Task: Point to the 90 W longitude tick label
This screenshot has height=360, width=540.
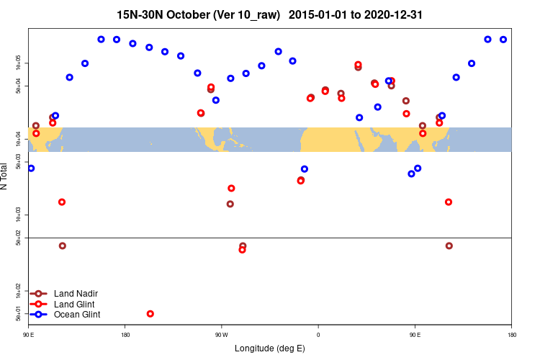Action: pyautogui.click(x=221, y=335)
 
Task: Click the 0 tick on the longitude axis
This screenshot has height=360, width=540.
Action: pyautogui.click(x=318, y=335)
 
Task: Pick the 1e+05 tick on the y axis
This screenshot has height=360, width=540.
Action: pyautogui.click(x=19, y=63)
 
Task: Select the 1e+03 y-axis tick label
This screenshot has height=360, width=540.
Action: pyautogui.click(x=19, y=215)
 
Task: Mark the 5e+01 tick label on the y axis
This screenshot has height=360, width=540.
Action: pyautogui.click(x=19, y=314)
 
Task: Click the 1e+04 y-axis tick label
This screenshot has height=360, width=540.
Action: pyautogui.click(x=19, y=139)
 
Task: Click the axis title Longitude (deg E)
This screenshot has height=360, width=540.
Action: pyautogui.click(x=270, y=348)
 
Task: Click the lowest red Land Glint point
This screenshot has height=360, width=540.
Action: pyautogui.click(x=150, y=314)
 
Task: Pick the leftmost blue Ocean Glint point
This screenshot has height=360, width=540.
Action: pyautogui.click(x=31, y=168)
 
